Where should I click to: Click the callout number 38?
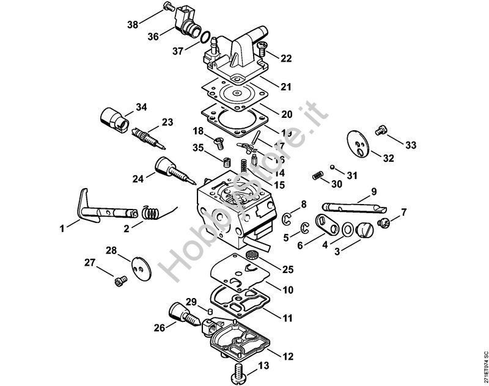click(x=133, y=24)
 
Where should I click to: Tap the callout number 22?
click(x=287, y=59)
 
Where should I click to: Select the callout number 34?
click(x=142, y=107)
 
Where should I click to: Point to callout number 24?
click(x=138, y=179)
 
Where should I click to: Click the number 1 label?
click(x=62, y=228)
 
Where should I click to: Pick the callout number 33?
click(x=411, y=145)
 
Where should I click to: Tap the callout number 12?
click(x=288, y=355)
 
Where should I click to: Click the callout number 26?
click(x=160, y=328)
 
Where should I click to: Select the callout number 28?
click(x=111, y=250)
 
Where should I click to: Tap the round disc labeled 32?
click(x=358, y=143)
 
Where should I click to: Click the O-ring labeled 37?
click(x=207, y=38)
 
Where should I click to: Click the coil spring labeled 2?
click(x=152, y=213)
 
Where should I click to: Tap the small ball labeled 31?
click(x=331, y=166)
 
